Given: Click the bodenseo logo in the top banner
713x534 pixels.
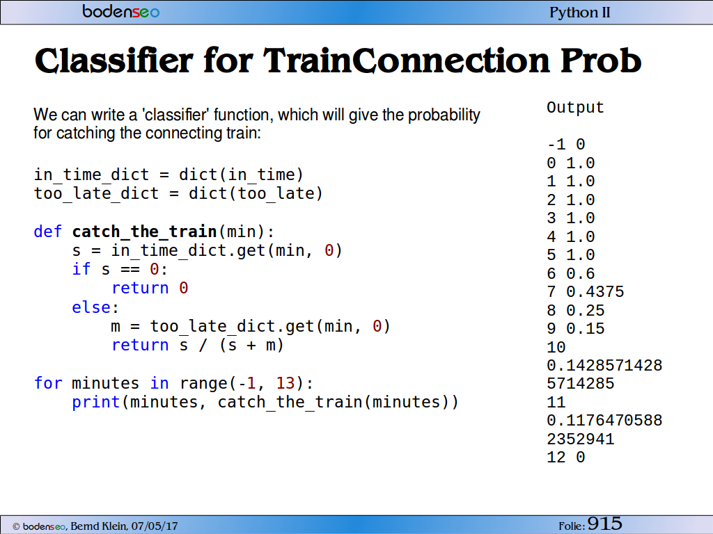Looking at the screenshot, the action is [121, 11].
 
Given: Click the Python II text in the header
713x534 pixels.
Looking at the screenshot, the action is [580, 13].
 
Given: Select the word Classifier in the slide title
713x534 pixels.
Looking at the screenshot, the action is [114, 60].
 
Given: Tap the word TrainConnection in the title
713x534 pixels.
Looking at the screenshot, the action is [406, 60].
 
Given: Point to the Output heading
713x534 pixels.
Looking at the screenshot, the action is [575, 108].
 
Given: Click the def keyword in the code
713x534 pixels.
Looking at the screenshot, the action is [48, 231].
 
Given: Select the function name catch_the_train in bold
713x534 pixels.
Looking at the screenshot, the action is [145, 232].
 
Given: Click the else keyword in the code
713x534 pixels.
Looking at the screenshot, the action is [91, 307].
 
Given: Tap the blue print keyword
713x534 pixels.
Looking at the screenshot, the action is [95, 403].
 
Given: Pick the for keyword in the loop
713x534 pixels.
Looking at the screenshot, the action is [48, 383].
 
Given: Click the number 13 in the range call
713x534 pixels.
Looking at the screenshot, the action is [285, 383].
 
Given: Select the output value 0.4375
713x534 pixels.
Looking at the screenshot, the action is [595, 291].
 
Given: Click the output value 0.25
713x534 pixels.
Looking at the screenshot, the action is [585, 310].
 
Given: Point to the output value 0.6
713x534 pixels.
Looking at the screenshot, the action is [581, 273].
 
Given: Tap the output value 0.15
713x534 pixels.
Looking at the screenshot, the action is [585, 328].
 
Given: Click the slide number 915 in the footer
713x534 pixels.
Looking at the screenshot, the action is [605, 524].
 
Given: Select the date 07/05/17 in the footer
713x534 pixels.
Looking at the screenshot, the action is [155, 526].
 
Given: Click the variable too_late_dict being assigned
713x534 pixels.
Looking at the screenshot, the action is [96, 194].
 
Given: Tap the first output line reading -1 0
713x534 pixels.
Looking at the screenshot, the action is [566, 145].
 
